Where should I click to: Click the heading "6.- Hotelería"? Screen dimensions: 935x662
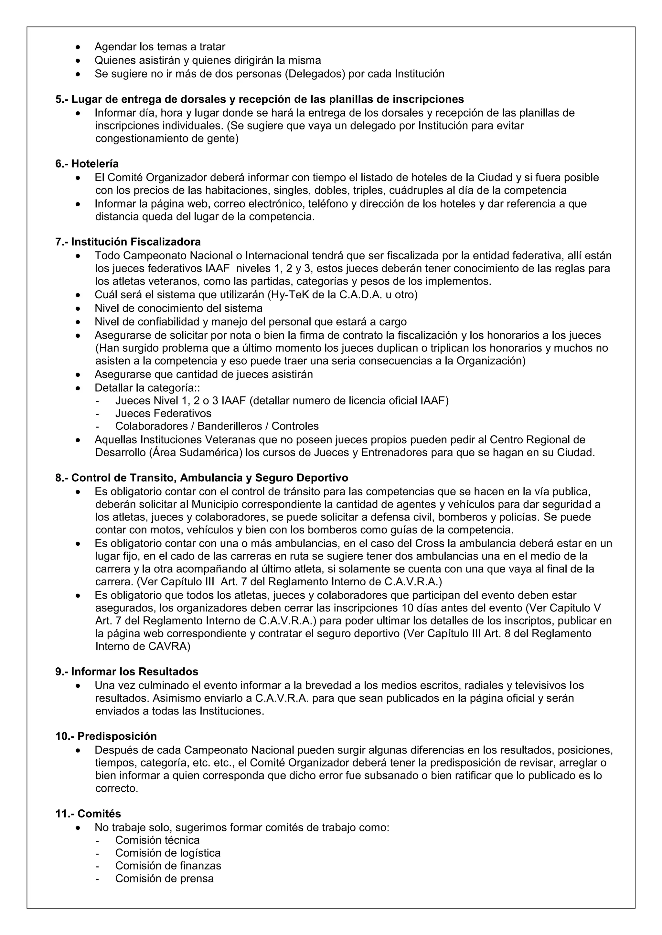click(x=87, y=164)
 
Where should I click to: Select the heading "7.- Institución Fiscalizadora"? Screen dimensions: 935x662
click(x=128, y=242)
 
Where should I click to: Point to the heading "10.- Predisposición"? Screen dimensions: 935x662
click(x=106, y=736)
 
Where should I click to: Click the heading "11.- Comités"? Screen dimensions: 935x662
click(x=88, y=814)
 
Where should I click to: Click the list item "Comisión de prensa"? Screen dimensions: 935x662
click(x=164, y=878)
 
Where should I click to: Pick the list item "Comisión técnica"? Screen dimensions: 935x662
click(x=157, y=840)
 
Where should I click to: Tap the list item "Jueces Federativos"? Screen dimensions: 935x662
click(x=163, y=413)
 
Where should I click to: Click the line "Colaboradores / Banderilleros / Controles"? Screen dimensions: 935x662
click(x=217, y=426)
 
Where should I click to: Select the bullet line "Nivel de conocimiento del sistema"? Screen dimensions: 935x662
click(x=178, y=308)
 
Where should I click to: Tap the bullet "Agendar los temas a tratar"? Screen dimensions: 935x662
click(x=160, y=47)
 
